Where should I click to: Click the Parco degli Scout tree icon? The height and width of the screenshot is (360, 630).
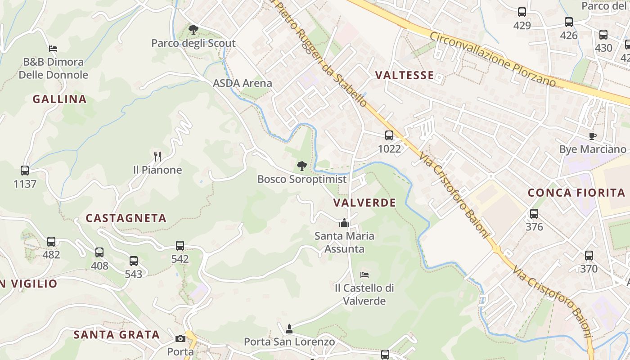pos(193,30)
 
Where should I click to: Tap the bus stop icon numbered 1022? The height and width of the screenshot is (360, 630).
pos(389,135)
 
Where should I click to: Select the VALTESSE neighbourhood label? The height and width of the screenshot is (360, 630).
pos(405,75)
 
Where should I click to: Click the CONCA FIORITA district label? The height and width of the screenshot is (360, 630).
pos(576,193)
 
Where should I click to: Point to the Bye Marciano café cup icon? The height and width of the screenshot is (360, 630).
pos(593,136)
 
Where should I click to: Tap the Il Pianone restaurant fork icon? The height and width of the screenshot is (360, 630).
pos(157,157)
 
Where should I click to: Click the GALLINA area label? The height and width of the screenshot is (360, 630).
pos(59,99)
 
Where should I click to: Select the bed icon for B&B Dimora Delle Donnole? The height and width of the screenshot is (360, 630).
pos(53,48)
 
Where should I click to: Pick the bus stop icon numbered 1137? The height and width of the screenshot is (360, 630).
pos(25,171)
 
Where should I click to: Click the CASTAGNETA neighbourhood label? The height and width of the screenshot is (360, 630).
pos(126,218)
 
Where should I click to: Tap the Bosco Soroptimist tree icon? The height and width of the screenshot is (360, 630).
pos(301,166)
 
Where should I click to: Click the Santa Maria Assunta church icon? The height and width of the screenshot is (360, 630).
pos(344,223)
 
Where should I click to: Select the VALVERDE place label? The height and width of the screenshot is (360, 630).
pos(364,202)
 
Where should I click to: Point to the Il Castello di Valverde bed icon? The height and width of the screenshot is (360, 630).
pos(364,274)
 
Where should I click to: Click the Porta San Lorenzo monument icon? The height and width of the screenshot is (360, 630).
pos(289,329)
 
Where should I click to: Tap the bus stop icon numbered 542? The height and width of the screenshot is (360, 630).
pos(180,246)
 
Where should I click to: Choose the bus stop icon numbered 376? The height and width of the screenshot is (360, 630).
pos(534,214)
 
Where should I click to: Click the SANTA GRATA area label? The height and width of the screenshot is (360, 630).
pos(117,335)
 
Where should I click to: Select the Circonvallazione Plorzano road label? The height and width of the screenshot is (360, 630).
pos(493,58)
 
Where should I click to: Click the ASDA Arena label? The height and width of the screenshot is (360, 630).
pos(243,83)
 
